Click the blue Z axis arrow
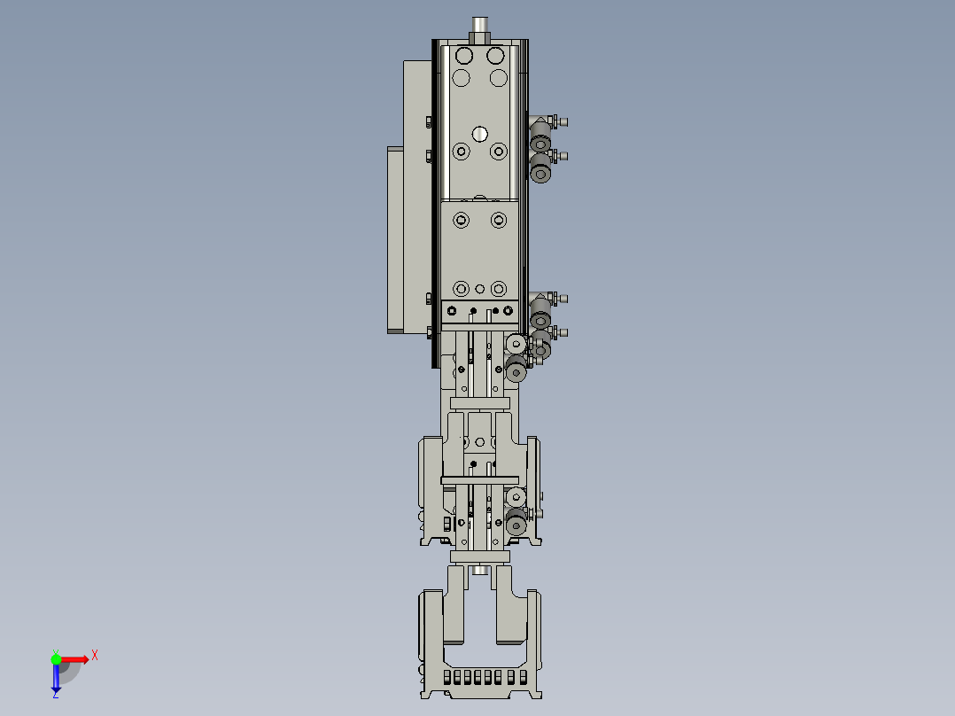click(x=56, y=679)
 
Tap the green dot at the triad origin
click(x=56, y=658)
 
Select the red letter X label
click(x=95, y=655)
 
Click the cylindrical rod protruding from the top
click(x=480, y=28)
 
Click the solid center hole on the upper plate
click(x=480, y=134)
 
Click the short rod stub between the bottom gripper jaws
click(x=480, y=570)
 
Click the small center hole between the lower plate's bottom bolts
click(x=480, y=289)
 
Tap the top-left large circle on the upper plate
click(x=462, y=56)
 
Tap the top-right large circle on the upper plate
click(x=498, y=56)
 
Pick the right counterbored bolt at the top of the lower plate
click(x=499, y=219)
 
